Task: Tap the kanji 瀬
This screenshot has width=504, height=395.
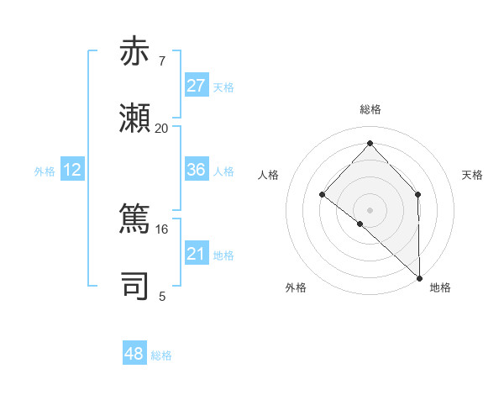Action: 135,118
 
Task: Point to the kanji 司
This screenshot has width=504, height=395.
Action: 135,286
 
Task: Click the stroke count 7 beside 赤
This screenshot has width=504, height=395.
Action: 161,61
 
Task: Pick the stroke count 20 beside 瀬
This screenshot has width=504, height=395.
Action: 161,128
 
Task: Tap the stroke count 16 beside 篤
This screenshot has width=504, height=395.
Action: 161,229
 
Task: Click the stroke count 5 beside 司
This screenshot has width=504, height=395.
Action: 161,296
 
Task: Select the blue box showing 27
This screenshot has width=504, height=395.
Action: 196,86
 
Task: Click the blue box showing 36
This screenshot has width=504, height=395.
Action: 196,170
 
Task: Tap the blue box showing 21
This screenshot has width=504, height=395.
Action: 196,254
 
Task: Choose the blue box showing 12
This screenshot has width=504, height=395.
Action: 72,170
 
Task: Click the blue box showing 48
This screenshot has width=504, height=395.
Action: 134,354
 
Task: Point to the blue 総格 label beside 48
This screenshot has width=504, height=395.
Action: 161,355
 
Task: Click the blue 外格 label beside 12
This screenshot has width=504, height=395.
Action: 45,171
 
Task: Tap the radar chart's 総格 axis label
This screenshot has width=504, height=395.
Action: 370,110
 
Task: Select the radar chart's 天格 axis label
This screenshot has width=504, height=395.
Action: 473,175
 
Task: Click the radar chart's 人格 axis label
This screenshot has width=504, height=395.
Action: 268,175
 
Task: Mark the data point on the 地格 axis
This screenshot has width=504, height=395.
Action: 418,276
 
